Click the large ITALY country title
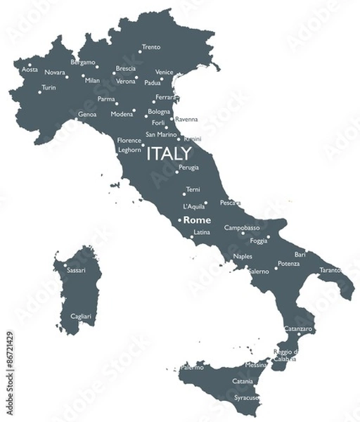pos(169,153)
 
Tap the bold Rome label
pos(197,220)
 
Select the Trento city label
pos(151,48)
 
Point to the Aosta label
pos(30,70)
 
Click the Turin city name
pos(49,88)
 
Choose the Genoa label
pos(87,114)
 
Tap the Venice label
pos(164,72)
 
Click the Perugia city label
pos(188,167)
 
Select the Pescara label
pos(230,203)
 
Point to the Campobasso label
pos(242,228)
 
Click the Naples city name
pos(243,256)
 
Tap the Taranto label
pos(330,270)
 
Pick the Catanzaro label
pos(299,329)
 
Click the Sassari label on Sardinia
pos(76,270)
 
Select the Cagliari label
pos(81,316)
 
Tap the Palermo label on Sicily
pos(192,367)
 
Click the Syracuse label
pos(246,397)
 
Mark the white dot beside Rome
pos(179,221)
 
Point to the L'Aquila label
pos(193,207)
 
